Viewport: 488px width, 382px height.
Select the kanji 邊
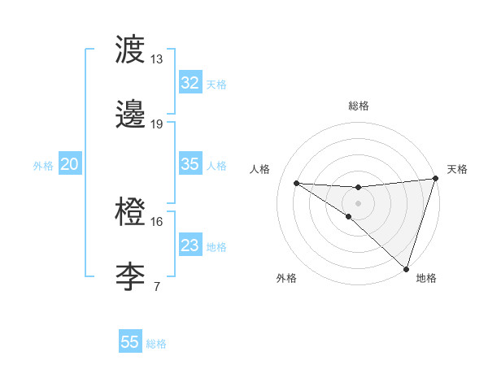pos(131,115)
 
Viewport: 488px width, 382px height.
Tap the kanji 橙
pos(131,214)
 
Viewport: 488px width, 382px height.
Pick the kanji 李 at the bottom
pos(131,276)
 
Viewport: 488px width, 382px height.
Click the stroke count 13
pos(157,59)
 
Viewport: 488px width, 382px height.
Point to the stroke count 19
pos(157,124)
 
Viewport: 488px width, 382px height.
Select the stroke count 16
pos(157,221)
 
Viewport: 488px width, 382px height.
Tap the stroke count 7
pos(157,285)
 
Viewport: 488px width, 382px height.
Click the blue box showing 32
pos(190,83)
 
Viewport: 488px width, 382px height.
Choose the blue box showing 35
pos(190,164)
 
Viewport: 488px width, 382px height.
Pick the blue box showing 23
pos(190,245)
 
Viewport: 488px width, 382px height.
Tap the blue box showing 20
pos(69,164)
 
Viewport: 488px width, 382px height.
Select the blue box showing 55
pos(130,342)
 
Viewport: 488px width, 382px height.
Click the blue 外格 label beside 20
pos(43,166)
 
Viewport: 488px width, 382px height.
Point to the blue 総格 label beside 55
pos(156,344)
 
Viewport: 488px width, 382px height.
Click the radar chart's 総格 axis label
pos(359,106)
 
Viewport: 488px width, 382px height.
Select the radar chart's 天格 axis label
pos(457,169)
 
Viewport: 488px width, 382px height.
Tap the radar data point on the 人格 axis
pos(297,183)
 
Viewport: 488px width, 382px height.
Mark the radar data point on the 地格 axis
pos(407,269)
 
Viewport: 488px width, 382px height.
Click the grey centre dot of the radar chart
pos(359,202)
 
